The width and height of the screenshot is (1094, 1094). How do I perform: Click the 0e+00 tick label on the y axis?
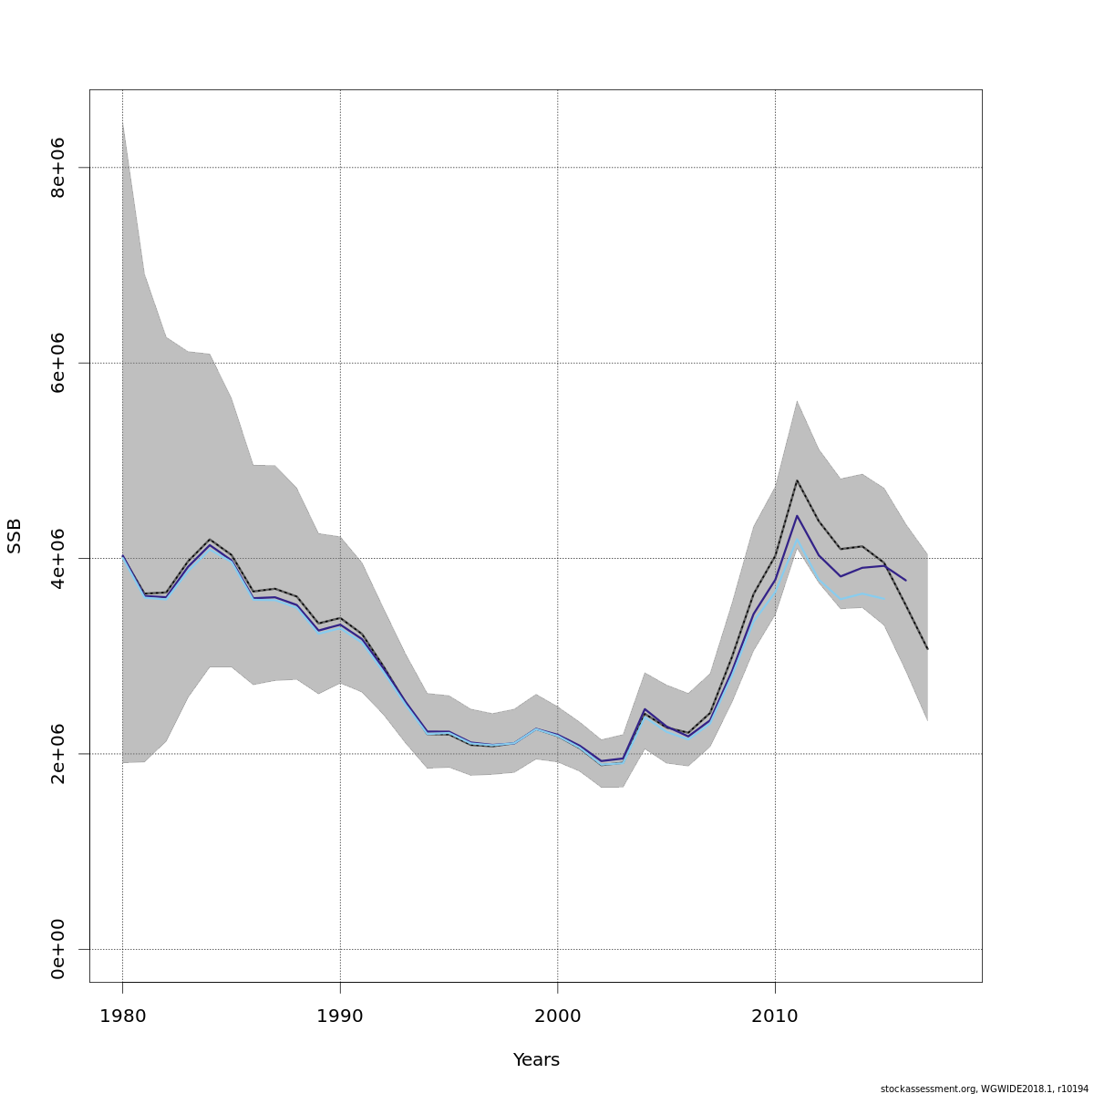tap(58, 949)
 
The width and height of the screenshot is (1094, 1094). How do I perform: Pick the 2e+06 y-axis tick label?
tap(58, 754)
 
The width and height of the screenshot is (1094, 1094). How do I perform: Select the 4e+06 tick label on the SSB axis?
tap(58, 558)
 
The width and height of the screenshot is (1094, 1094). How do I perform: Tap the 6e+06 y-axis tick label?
tap(58, 363)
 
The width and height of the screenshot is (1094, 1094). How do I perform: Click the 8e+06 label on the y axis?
tap(58, 168)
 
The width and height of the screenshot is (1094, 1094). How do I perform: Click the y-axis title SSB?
tap(15, 536)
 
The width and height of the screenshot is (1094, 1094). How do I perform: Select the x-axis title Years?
tap(536, 1060)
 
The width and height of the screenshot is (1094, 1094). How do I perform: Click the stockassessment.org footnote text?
tap(984, 1089)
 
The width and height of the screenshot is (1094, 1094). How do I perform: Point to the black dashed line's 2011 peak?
tap(797, 480)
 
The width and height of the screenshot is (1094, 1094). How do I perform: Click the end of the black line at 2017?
tap(927, 649)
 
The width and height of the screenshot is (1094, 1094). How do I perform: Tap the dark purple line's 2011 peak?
tap(797, 516)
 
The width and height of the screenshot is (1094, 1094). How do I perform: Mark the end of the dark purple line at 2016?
tap(905, 581)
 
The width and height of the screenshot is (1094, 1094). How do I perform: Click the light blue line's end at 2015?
tap(883, 599)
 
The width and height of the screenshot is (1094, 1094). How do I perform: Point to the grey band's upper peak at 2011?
tap(797, 401)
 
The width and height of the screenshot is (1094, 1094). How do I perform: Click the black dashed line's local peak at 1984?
tap(210, 540)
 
